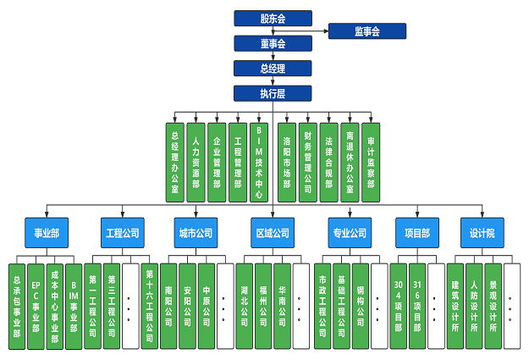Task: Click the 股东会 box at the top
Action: pos(273,18)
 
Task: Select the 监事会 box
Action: pos(366,31)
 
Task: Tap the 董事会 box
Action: pos(273,43)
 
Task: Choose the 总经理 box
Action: pos(273,69)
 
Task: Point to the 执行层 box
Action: pos(273,93)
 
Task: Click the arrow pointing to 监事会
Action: pos(325,31)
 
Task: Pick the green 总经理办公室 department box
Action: pos(175,162)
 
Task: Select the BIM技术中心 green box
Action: pos(258,162)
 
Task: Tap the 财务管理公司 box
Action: pos(308,162)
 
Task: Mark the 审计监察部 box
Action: pos(371,162)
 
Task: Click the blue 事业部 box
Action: pos(47,232)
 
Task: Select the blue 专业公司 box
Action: pos(349,232)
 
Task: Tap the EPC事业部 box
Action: pos(36,305)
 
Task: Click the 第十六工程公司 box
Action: pos(149,305)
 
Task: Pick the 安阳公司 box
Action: pos(188,305)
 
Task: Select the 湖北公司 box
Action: pos(245,305)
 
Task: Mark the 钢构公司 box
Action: pos(360,305)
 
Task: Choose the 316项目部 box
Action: pos(417,305)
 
